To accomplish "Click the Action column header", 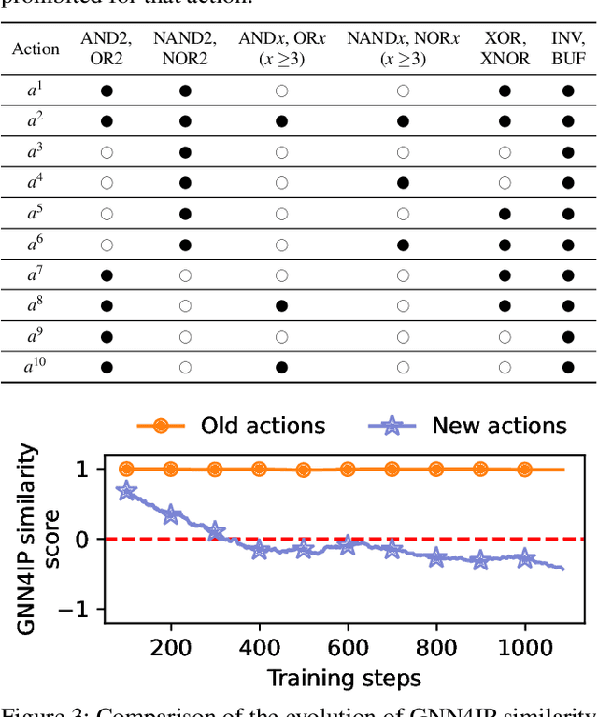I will [36, 49].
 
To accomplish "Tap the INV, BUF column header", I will [567, 49].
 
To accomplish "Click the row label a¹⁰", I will [36, 367].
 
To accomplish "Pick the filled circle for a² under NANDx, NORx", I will [403, 121].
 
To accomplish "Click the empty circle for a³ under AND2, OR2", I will [107, 152].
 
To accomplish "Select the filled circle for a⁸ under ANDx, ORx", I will [280, 305].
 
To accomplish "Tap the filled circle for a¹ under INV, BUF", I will [567, 91].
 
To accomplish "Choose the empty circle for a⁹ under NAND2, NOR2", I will [185, 336].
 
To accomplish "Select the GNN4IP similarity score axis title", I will [41, 539].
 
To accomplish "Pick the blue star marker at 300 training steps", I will [215, 533].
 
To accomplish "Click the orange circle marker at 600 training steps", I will [348, 470].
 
